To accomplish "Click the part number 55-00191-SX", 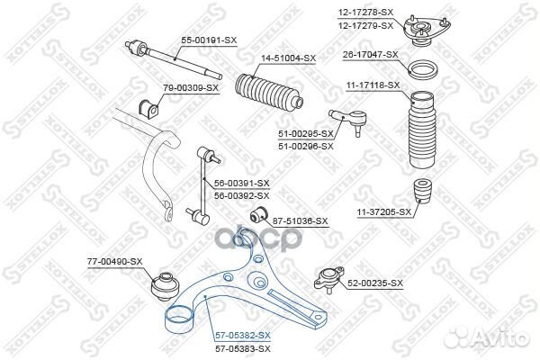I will tap(208, 40).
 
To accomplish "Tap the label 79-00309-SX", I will tap(191, 87).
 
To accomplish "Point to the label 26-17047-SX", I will tap(370, 55).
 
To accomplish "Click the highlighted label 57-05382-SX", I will tap(243, 334).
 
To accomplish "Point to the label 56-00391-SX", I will tap(242, 183).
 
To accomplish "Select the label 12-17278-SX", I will tap(366, 11).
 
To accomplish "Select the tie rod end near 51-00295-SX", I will tap(347, 117).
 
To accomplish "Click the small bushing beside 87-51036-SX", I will tap(256, 214).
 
